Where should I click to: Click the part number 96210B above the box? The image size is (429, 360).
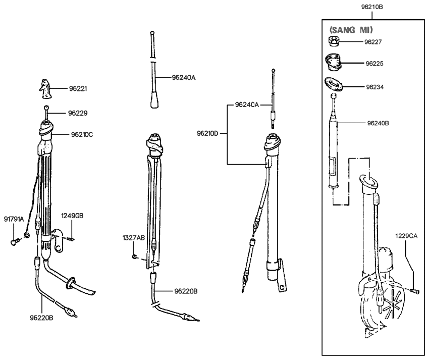coord(371,7)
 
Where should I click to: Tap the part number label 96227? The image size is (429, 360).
coord(377,42)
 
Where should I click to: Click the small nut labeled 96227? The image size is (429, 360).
coord(334,41)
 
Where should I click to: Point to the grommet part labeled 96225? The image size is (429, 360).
coord(334,64)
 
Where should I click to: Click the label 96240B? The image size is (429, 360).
coord(379,122)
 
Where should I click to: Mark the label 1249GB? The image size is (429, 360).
coord(72,215)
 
